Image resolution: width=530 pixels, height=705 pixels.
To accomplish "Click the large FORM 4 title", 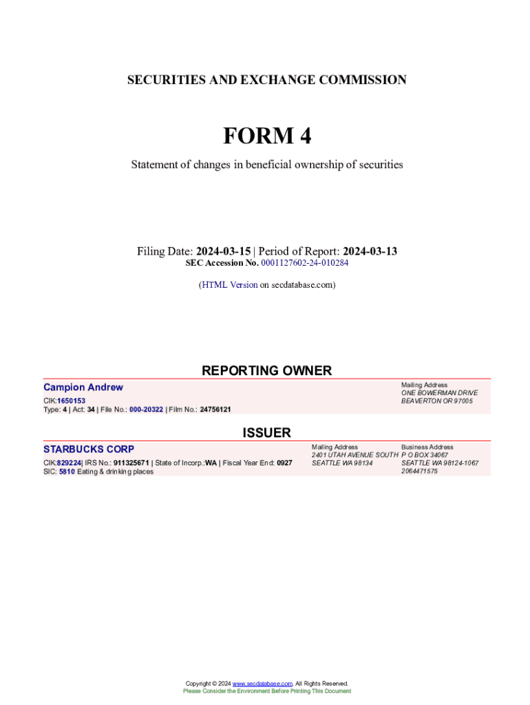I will (266, 136).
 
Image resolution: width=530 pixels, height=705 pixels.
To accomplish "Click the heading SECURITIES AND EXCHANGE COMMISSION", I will (266, 80).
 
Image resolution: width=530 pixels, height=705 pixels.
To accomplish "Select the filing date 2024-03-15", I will (223, 251).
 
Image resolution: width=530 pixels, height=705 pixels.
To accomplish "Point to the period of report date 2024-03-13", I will (370, 251).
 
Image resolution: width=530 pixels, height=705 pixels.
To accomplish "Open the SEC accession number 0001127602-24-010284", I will (304, 263).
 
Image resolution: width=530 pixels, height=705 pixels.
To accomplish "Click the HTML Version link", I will (229, 284).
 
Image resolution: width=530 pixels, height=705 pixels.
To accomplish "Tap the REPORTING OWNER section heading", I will (266, 370).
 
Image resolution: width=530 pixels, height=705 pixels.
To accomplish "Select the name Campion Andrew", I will (83, 388).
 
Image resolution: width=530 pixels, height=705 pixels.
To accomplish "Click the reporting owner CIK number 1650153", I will (71, 401).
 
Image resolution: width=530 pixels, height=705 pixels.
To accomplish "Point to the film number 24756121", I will (215, 409).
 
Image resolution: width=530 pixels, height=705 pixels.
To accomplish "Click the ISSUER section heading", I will (266, 432).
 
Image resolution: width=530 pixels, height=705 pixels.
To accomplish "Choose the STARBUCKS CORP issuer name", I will (89, 450).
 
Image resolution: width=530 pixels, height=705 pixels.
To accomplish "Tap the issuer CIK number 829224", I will (69, 463).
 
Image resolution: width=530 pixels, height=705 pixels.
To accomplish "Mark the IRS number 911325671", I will (131, 463).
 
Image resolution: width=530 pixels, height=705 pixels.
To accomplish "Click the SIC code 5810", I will (67, 472).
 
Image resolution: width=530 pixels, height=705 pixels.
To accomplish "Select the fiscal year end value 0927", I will (284, 463).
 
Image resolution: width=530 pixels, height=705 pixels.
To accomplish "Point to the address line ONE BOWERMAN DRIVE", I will (439, 393).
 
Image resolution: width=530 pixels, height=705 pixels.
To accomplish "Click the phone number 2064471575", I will (419, 472).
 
